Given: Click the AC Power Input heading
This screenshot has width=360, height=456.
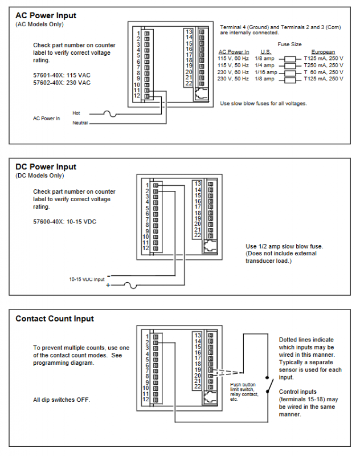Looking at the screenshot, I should [46, 15].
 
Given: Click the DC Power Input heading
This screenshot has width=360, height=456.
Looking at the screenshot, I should [46, 167].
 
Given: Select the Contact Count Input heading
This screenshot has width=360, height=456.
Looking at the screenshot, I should [55, 319].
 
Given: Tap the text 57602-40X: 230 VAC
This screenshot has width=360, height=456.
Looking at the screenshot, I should [62, 83].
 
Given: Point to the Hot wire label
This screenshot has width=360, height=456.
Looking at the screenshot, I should [76, 113].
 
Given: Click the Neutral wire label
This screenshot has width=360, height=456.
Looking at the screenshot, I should [80, 123].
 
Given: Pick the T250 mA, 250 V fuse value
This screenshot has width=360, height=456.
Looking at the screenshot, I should [323, 66].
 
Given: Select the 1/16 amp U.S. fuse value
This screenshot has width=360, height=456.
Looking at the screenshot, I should [265, 72].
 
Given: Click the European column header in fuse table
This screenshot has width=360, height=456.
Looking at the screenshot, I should [323, 52].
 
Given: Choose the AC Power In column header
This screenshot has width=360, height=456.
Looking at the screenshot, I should [234, 52].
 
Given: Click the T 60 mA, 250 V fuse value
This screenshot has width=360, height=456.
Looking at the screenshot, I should [323, 72].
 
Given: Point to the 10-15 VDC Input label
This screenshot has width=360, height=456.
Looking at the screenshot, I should [87, 279].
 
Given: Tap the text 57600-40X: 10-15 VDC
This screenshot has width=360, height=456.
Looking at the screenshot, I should [64, 221].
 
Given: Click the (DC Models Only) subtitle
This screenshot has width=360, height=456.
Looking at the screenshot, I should [39, 176].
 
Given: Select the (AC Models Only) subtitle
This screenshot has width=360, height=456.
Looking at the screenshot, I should [39, 24].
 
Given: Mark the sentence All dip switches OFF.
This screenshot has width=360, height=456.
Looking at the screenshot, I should [62, 400].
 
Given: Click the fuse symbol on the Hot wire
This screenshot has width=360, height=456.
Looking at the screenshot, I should [109, 114].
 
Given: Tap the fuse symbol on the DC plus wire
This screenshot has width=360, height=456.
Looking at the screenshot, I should [132, 285].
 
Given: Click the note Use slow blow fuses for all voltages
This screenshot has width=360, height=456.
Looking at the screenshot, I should [263, 103].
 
